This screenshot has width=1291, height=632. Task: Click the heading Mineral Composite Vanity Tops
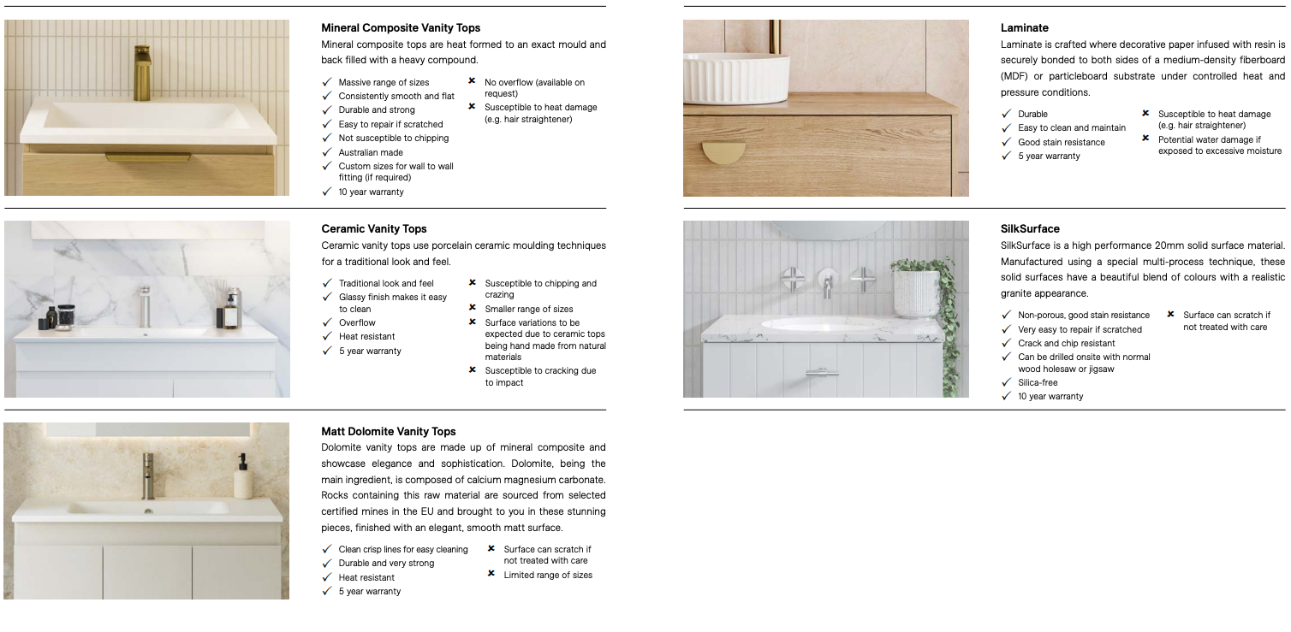[401, 28]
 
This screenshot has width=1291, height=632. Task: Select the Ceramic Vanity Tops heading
[374, 229]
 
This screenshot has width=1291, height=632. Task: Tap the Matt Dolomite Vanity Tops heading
[389, 432]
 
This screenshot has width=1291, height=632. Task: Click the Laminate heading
[1025, 28]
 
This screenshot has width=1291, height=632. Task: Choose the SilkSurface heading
[1030, 229]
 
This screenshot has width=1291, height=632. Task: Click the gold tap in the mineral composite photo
[141, 72]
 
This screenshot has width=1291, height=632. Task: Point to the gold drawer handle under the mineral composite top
[147, 157]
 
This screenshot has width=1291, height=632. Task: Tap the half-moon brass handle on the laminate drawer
[723, 152]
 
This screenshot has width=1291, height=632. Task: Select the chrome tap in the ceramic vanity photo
[144, 305]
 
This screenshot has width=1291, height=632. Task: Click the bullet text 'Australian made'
[371, 152]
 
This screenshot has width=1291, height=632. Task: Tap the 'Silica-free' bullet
[1038, 383]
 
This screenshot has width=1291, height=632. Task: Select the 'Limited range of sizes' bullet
[548, 576]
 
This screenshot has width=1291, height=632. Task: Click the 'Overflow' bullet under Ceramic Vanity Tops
[357, 322]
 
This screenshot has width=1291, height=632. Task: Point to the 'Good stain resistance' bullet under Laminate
[1062, 142]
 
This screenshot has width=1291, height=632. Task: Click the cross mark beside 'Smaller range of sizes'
[473, 308]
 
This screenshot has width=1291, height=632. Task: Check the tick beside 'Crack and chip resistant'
[1007, 343]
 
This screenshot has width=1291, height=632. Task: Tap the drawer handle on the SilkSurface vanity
[819, 372]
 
